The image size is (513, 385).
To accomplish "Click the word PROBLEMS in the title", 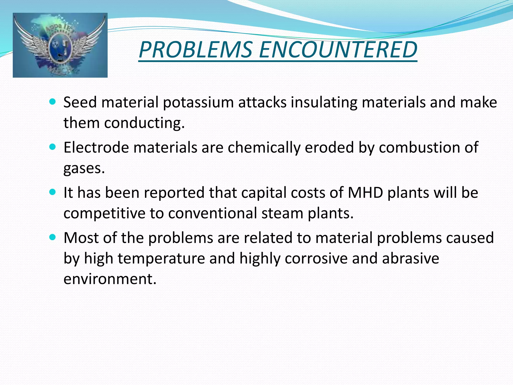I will (195, 50).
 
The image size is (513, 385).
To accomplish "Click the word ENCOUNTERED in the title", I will (338, 50).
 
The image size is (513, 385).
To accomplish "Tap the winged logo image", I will (60, 45).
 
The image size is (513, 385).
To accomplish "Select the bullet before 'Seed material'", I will (52, 102).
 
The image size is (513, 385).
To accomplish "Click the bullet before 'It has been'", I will (52, 192).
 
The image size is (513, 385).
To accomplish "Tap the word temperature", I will (161, 259).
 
